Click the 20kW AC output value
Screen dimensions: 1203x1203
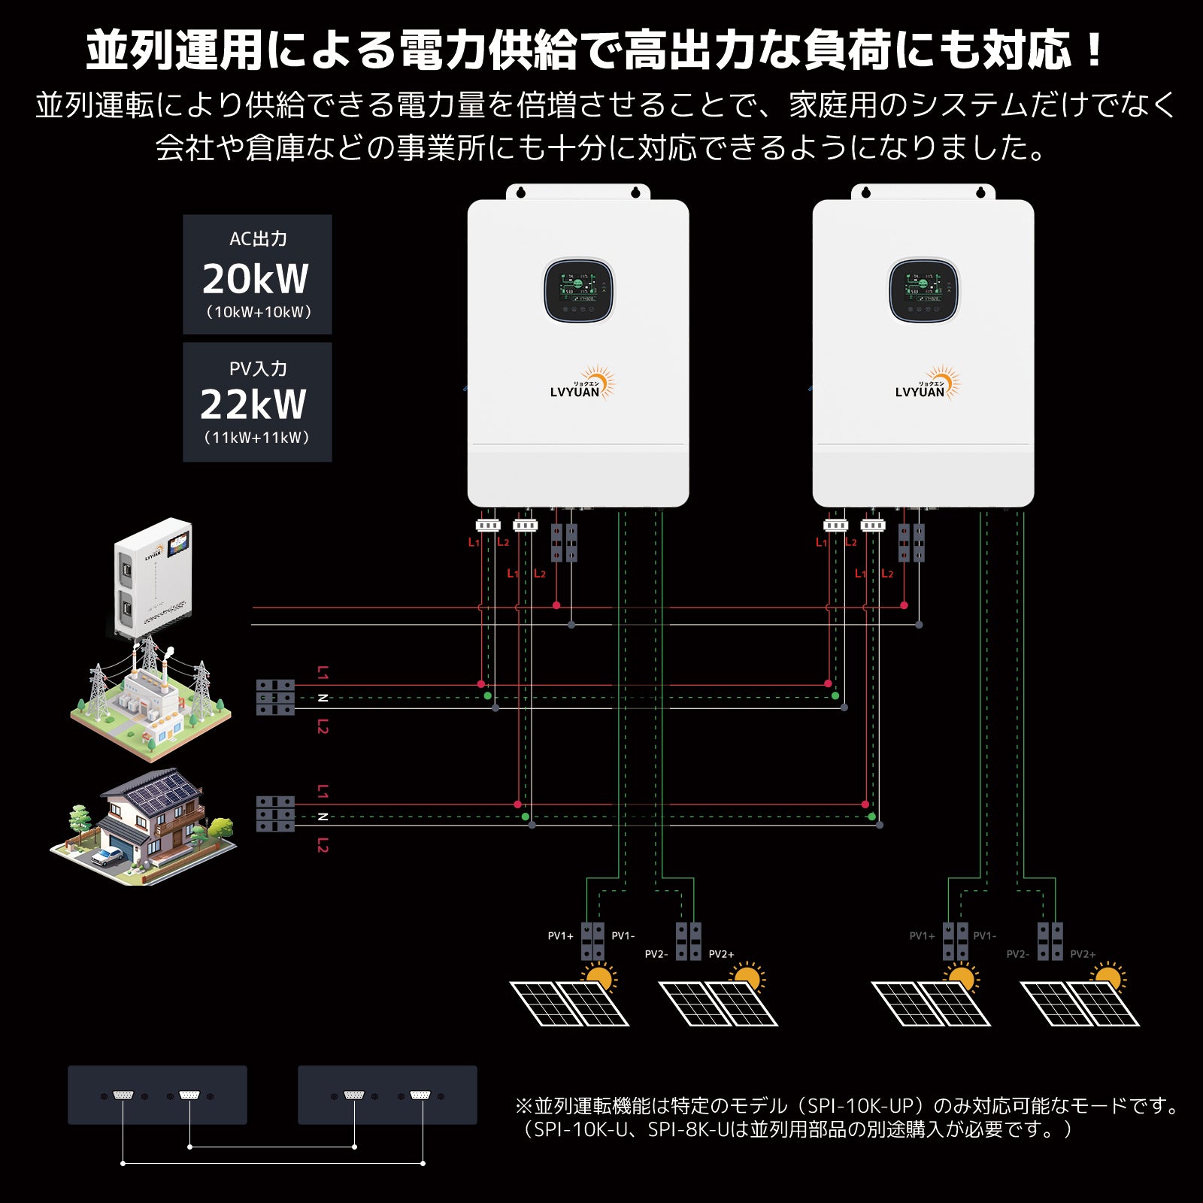tap(256, 279)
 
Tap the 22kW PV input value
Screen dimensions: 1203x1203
tap(253, 405)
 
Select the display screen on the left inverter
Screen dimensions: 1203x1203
tap(578, 290)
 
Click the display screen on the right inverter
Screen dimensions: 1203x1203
tap(923, 290)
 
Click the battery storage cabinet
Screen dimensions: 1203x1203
tap(153, 575)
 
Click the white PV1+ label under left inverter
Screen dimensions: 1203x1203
tap(560, 936)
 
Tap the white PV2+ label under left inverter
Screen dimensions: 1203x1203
tap(721, 954)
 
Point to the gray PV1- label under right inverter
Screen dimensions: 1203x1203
tap(984, 936)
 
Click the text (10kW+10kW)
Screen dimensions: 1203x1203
tap(259, 312)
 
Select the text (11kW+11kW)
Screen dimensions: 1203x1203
tap(256, 438)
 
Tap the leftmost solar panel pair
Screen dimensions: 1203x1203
tap(569, 1002)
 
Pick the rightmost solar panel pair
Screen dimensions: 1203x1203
tap(1080, 1002)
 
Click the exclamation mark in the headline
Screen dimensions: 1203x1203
tap(1094, 51)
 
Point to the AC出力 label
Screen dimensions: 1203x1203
tap(258, 239)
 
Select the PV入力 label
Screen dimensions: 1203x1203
tap(258, 368)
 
